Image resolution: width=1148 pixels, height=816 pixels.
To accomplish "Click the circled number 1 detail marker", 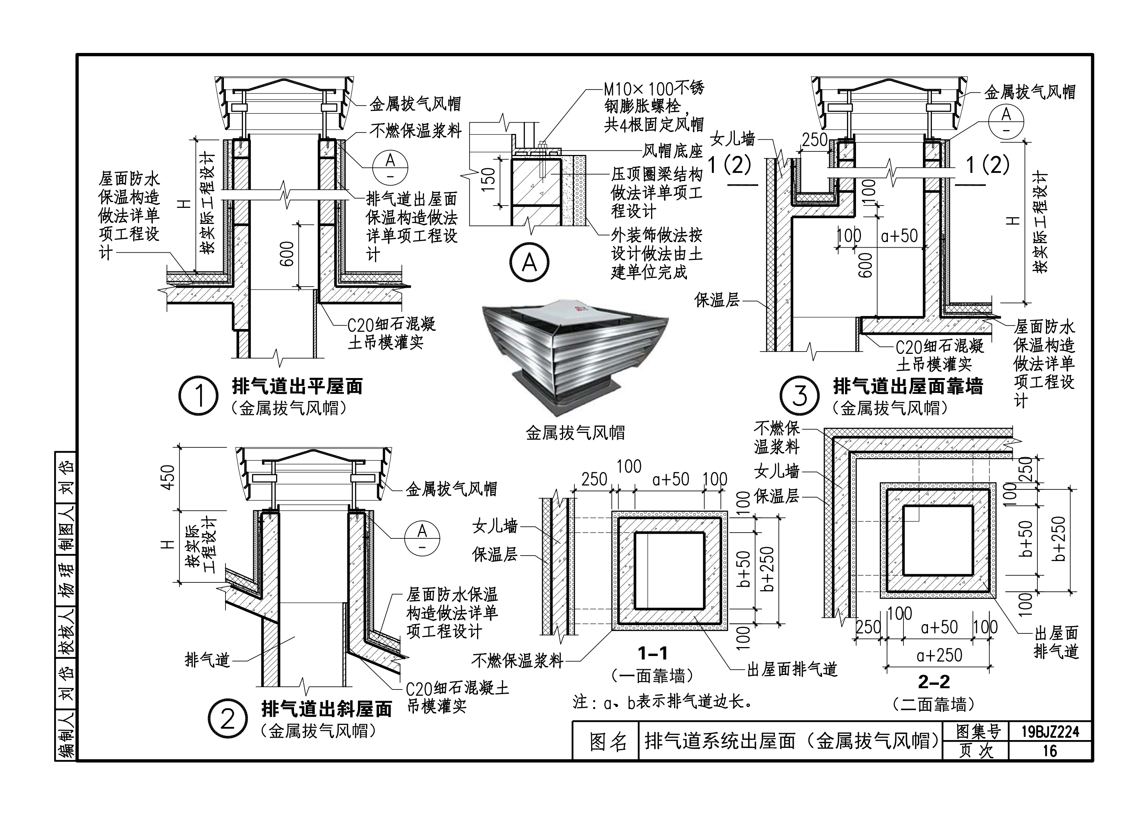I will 199,396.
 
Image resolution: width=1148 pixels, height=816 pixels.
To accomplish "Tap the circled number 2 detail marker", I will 228,719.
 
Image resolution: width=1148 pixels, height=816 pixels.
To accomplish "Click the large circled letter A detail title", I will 529,262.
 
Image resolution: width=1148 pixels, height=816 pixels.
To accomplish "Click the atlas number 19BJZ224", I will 1050,732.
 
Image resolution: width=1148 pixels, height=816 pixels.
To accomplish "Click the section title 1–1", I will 652,653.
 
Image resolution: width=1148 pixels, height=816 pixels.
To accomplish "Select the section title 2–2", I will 934,682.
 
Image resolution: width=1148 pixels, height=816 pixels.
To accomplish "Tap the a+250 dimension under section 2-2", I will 939,655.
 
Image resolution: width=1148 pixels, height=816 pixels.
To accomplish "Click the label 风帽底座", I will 673,150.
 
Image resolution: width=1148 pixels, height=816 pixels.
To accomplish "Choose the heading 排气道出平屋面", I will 297,387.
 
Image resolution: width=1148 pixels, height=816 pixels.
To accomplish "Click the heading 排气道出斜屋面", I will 327,709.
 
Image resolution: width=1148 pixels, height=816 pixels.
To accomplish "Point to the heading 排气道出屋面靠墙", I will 908,387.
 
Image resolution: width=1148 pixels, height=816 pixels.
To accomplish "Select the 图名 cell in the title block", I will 607,742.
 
